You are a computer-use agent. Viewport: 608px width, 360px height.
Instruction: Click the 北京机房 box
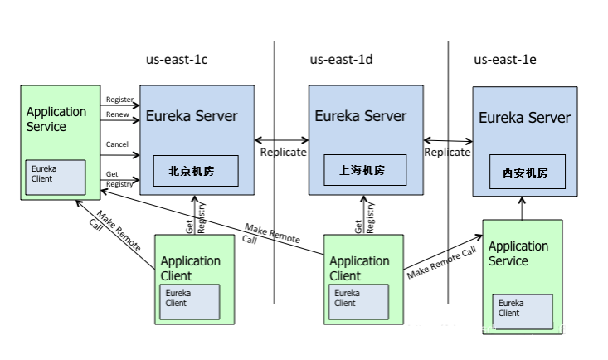[x=196, y=172]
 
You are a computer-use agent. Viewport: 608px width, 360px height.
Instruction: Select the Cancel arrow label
[x=118, y=144]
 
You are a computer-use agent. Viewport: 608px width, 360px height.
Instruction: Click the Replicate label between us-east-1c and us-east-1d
[x=283, y=153]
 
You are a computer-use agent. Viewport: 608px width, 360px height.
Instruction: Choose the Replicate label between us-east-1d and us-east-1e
[x=447, y=153]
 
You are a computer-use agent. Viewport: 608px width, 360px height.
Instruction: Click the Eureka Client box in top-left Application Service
[x=55, y=176]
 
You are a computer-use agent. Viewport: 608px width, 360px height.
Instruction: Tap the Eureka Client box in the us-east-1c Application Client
[x=189, y=302]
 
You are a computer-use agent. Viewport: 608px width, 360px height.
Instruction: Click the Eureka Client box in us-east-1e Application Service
[x=522, y=312]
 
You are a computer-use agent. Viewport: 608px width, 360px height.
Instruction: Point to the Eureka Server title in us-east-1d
[x=361, y=115]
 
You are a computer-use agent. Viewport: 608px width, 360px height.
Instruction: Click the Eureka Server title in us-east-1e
[x=524, y=118]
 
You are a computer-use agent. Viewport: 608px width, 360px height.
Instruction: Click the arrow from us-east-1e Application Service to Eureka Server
[x=523, y=208]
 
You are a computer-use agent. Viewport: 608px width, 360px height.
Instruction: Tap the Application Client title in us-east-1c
[x=191, y=268]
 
